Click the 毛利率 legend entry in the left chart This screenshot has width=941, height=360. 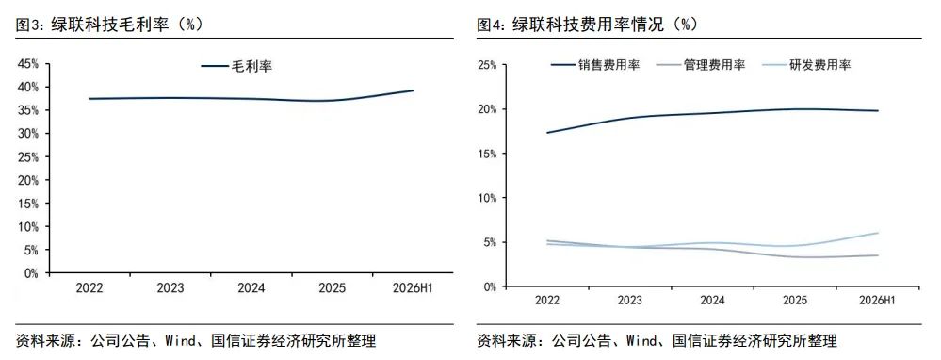236,67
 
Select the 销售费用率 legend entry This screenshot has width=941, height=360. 595,65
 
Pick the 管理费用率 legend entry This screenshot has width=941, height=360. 701,65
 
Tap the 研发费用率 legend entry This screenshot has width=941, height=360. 806,65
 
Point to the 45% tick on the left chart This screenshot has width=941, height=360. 28,63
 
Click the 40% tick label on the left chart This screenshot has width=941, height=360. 28,87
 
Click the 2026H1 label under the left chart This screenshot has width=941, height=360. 414,288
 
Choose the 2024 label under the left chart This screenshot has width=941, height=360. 251,288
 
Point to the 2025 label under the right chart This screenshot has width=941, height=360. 795,300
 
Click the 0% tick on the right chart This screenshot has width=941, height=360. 489,286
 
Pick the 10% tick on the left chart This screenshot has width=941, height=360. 28,227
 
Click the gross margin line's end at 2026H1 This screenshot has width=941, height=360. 414,90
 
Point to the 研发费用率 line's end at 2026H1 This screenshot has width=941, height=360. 877,233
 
